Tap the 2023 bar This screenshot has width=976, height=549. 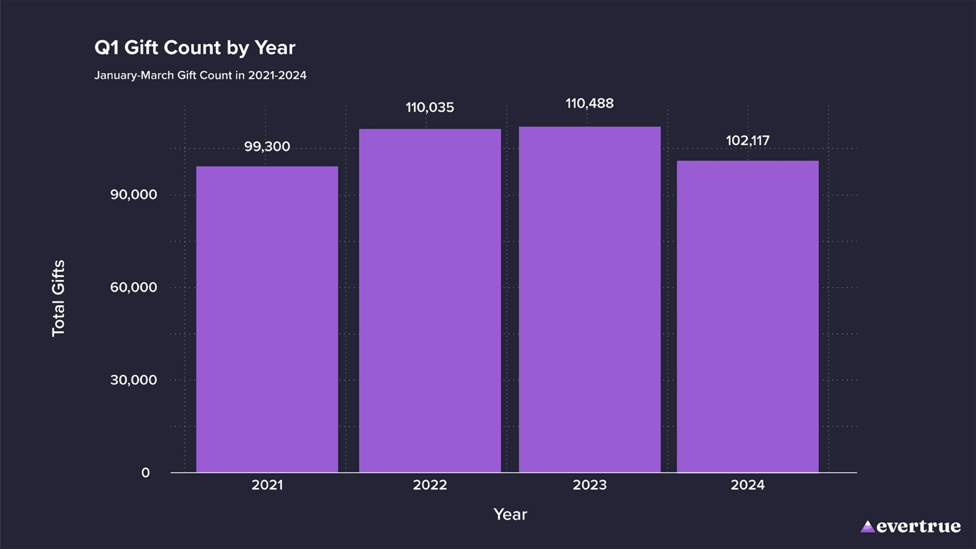[x=590, y=299]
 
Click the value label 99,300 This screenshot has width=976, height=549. [x=267, y=147]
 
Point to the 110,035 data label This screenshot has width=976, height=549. [x=430, y=108]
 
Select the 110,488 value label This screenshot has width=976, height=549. [x=590, y=104]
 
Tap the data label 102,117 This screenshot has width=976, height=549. [x=747, y=140]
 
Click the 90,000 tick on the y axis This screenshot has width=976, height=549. [x=133, y=195]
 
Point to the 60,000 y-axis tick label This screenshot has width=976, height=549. [x=133, y=287]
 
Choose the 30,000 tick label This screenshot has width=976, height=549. [x=133, y=380]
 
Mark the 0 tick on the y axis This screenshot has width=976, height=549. [x=146, y=473]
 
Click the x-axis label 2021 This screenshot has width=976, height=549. [x=267, y=485]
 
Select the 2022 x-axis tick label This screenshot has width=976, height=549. [x=430, y=485]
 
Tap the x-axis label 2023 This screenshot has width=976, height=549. [x=590, y=485]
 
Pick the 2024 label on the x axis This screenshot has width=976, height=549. [x=747, y=485]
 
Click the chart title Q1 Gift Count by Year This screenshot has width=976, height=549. [x=194, y=48]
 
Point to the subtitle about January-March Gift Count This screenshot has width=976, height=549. [x=200, y=76]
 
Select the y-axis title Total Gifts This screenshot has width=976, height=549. [x=58, y=298]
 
